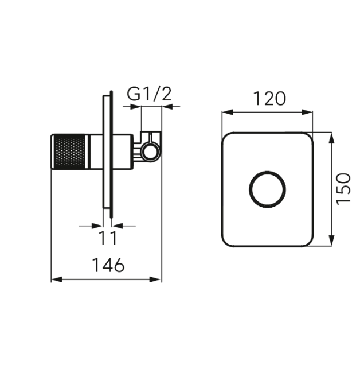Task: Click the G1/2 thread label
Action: pyautogui.click(x=149, y=94)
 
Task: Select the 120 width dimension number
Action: pyautogui.click(x=269, y=99)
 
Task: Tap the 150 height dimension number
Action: pyautogui.click(x=343, y=189)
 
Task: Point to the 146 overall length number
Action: pyautogui.click(x=108, y=265)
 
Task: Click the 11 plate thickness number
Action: pyautogui.click(x=108, y=238)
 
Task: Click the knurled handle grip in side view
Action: pyautogui.click(x=69, y=152)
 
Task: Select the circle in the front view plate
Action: pyautogui.click(x=267, y=189)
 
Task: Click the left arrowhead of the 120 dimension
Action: pyautogui.click(x=227, y=113)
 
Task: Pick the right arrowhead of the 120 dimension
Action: pyautogui.click(x=307, y=113)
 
